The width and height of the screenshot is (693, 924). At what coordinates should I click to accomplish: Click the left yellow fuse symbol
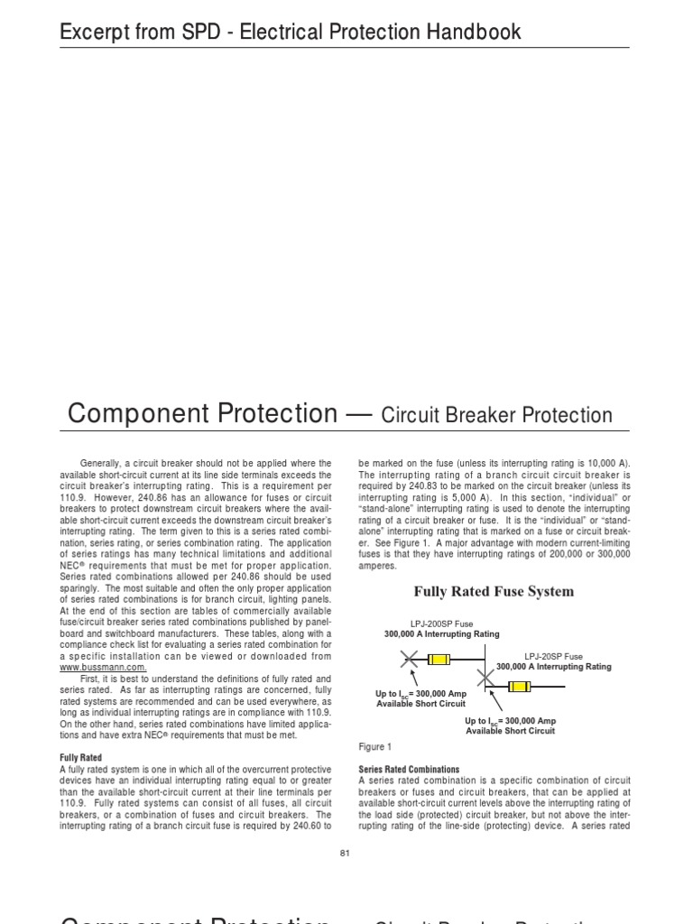439,661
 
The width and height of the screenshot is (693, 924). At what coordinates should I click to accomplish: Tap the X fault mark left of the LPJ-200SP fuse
409,661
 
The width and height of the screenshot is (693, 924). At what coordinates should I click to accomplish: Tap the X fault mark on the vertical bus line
485,676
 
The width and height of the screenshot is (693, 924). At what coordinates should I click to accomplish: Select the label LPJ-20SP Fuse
553,656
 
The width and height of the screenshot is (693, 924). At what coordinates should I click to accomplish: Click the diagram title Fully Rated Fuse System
493,592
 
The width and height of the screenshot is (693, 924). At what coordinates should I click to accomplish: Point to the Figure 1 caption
375,747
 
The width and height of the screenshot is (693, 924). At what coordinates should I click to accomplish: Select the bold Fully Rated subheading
80,757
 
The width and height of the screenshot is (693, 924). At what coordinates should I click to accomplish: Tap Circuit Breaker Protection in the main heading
496,415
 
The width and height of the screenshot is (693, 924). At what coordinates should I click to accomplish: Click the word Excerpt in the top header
89,32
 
